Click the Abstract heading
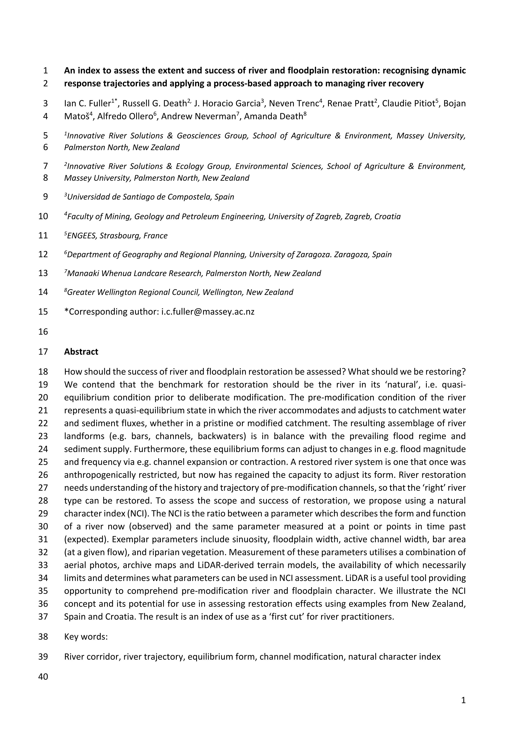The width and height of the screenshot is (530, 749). (81, 352)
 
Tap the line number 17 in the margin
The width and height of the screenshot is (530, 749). (43, 352)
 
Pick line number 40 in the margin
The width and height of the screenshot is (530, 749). (43, 677)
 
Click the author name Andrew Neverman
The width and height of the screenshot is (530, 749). (198, 116)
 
